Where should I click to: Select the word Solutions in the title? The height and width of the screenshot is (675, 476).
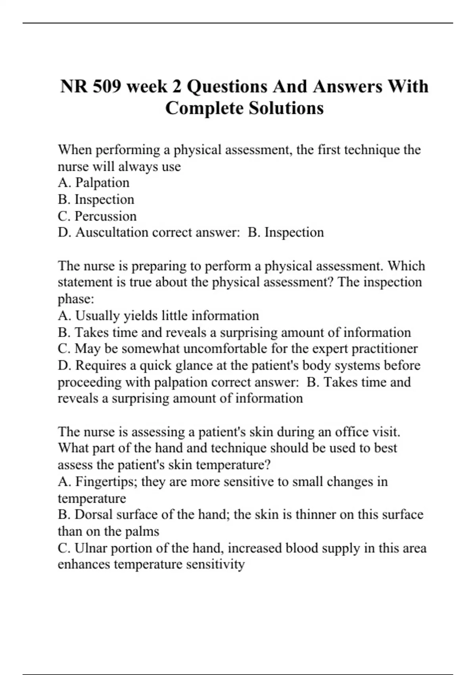tap(286, 108)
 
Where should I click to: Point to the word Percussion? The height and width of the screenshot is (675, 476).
tap(106, 216)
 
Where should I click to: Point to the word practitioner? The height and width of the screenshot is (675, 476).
tap(384, 349)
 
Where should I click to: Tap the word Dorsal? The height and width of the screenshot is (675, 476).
tap(92, 515)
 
